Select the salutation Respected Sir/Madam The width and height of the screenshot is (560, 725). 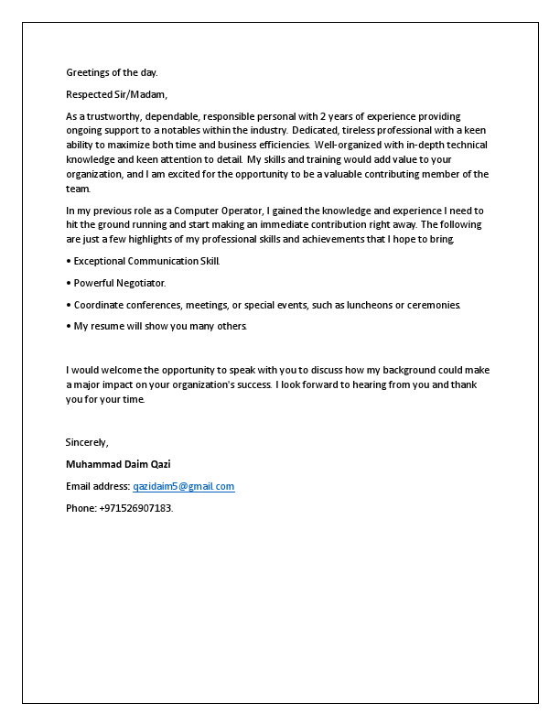(x=117, y=94)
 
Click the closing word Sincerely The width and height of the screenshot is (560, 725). (x=87, y=442)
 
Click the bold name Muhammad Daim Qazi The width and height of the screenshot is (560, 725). (x=118, y=464)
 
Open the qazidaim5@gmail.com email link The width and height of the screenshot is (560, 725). (x=183, y=486)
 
